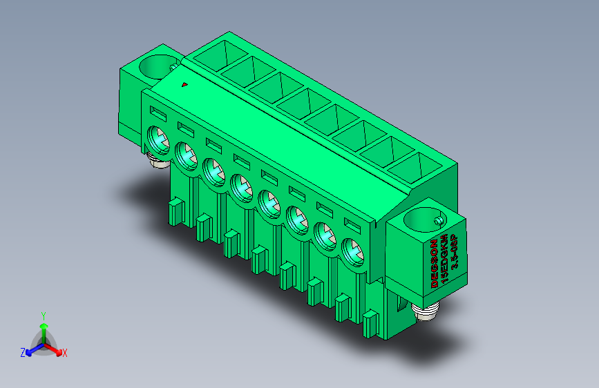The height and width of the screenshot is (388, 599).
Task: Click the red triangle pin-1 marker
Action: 184,84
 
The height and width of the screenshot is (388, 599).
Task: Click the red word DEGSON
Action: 435,264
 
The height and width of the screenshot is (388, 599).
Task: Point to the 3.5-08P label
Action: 454,252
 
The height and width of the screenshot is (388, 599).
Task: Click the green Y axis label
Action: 44,316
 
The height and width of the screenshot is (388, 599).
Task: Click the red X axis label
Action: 64,353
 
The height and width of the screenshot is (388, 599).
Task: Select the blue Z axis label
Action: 23,353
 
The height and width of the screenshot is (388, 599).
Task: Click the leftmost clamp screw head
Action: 158,139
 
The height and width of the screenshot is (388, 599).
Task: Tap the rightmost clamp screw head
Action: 352,253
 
